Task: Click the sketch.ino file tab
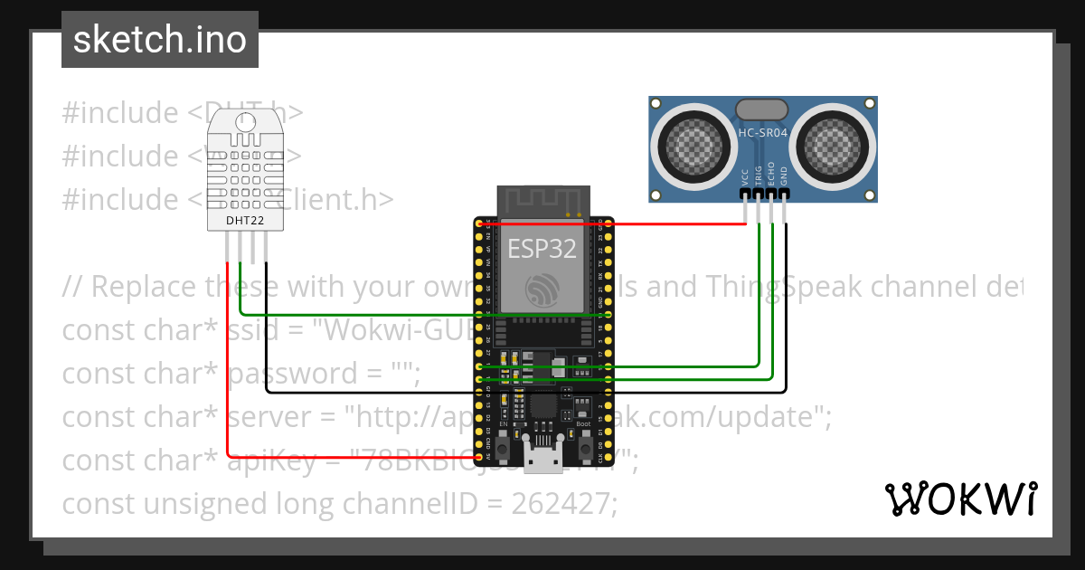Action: click(x=160, y=40)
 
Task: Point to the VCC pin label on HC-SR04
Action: click(x=745, y=176)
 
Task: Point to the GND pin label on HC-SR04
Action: click(x=784, y=176)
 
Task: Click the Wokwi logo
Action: click(x=960, y=499)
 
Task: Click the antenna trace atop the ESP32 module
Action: click(x=542, y=202)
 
